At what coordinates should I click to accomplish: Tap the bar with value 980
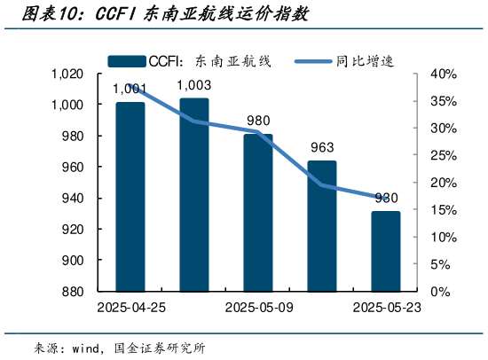click(258, 213)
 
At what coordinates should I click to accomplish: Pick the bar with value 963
click(322, 226)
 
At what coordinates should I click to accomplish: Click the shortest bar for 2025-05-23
click(386, 251)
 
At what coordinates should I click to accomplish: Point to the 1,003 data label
click(194, 85)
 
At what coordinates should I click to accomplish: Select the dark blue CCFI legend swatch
click(127, 60)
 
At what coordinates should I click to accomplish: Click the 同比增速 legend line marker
click(313, 60)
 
